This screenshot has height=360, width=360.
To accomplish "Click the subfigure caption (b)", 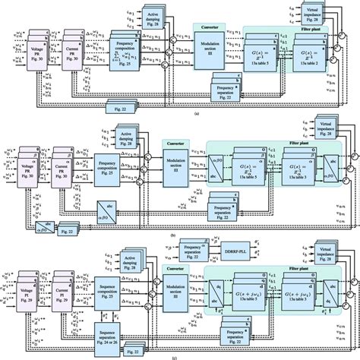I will [176, 235].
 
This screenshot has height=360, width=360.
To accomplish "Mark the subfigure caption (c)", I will [176, 356].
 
